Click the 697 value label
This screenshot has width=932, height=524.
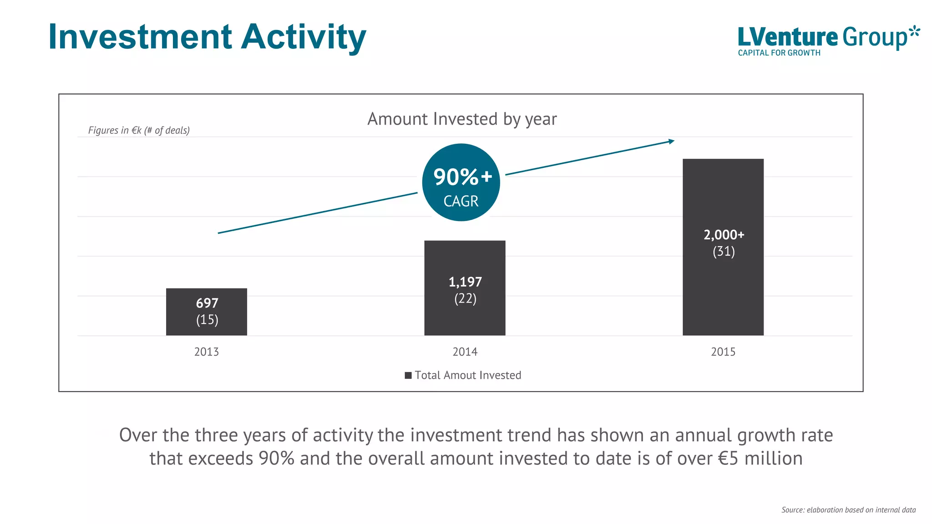click(207, 303)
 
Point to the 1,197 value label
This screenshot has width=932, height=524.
click(465, 282)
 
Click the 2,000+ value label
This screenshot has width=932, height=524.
click(724, 235)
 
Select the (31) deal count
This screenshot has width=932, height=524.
click(724, 252)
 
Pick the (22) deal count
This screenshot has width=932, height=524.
click(465, 298)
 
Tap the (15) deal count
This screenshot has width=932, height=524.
click(207, 320)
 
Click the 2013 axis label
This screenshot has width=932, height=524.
click(207, 352)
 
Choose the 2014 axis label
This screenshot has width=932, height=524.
click(465, 352)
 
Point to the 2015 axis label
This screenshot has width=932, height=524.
click(723, 352)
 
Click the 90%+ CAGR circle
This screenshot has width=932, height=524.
click(461, 182)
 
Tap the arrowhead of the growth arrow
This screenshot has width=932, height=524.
click(671, 141)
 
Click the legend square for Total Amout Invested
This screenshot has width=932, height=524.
click(408, 375)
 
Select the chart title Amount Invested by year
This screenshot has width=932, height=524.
click(462, 119)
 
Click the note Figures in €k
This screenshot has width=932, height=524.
click(139, 131)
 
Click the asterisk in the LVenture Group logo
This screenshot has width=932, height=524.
click(914, 33)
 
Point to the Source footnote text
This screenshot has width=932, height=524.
click(848, 510)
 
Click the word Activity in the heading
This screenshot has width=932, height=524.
click(304, 37)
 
